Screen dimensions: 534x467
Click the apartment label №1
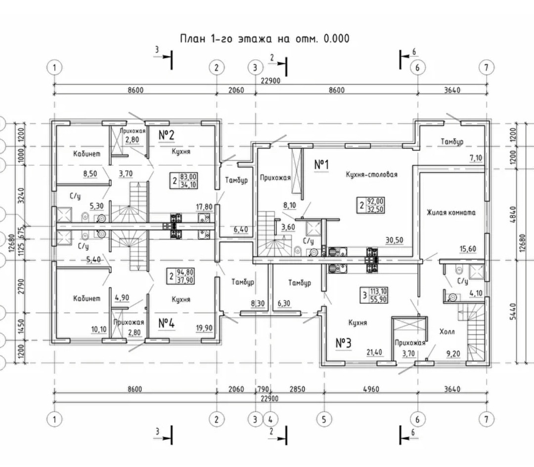coord(322,165)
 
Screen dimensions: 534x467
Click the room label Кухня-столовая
coord(372,174)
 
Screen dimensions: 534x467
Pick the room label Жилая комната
coord(451,213)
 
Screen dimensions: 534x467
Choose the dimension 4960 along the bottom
coord(371,389)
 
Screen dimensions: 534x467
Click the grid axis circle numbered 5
coord(324,420)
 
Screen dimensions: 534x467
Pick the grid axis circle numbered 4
coord(270,420)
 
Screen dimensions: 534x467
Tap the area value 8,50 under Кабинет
coord(90,174)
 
